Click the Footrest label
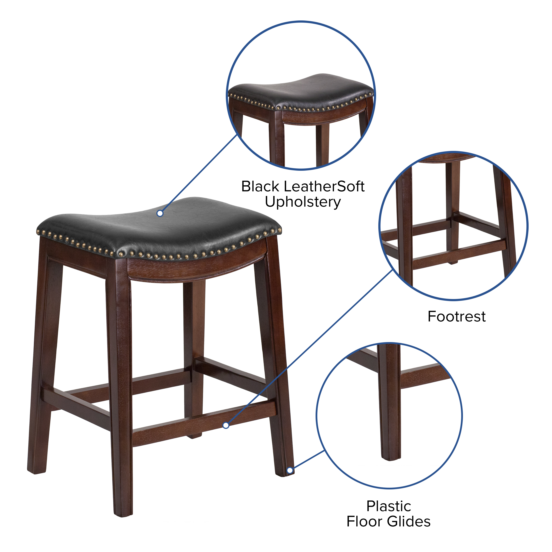coord(457,316)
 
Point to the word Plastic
coord(389,506)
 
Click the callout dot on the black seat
coord(160,213)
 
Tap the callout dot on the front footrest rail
coord(226,425)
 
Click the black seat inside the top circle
coord(301,91)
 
